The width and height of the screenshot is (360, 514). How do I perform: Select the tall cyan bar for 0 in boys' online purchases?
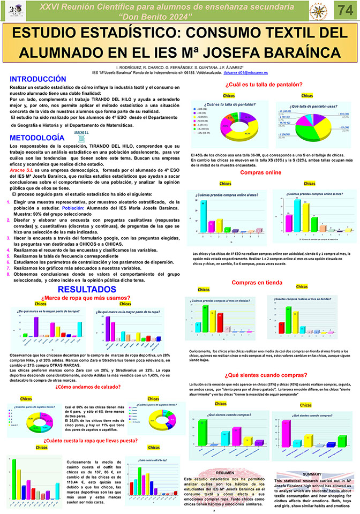(x=204, y=216)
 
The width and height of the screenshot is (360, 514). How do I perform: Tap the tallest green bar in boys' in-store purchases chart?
(x=205, y=316)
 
